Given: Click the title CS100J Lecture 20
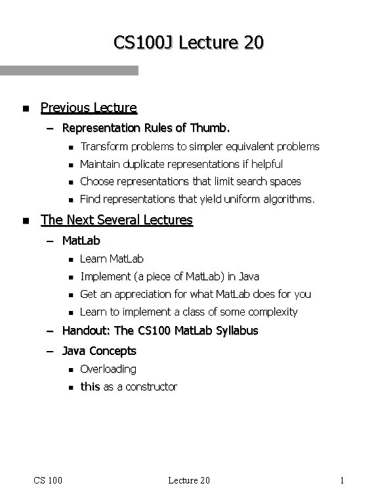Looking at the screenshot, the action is tap(189, 43).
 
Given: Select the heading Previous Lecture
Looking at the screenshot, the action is tap(89, 107).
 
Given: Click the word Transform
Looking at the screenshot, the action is tap(102, 146).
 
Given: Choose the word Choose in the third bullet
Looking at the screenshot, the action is tap(96, 181).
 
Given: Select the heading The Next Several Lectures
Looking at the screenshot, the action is tap(117, 220).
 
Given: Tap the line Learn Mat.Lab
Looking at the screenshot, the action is tap(112, 259).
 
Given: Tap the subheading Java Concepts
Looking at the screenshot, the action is tap(99, 351).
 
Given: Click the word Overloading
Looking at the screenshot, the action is tap(108, 369).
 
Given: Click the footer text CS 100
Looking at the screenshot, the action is tap(49, 480).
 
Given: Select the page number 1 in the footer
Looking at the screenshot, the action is tap(343, 480).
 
